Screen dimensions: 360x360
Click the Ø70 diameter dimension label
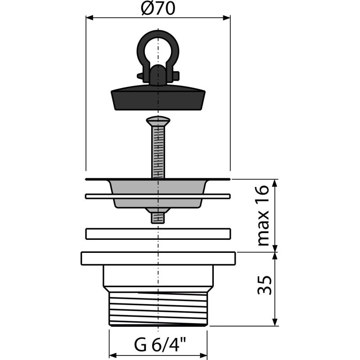tap(157, 9)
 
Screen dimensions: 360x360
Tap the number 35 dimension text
tap(264, 285)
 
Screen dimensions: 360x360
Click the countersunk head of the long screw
tap(157, 121)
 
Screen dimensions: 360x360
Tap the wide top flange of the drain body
tap(157, 258)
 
